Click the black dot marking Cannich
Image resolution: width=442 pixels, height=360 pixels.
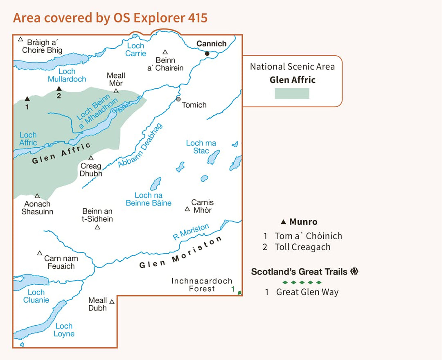(x=207, y=53)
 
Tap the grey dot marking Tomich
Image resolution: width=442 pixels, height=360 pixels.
(x=178, y=99)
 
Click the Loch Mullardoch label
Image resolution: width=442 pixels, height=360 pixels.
(x=67, y=75)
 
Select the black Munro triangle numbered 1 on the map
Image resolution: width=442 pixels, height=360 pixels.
(x=27, y=99)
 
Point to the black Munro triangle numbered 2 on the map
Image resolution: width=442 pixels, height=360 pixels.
(x=59, y=88)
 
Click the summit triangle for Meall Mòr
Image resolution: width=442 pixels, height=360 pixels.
(x=116, y=91)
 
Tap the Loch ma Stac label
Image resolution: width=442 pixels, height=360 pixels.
(x=201, y=147)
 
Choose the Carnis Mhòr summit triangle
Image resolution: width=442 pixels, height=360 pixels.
(x=187, y=209)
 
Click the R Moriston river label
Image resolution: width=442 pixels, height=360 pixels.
(x=191, y=232)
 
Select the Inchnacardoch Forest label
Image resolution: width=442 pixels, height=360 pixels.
(x=202, y=285)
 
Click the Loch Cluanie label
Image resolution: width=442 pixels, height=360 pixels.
(x=36, y=296)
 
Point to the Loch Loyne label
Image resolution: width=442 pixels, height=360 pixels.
(x=64, y=330)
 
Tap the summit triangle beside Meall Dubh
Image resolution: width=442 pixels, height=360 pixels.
(x=112, y=301)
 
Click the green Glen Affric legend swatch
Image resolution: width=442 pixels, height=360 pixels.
(x=292, y=93)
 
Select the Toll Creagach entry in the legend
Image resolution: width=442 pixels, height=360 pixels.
(x=302, y=247)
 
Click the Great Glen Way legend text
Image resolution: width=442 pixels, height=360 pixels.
(x=307, y=292)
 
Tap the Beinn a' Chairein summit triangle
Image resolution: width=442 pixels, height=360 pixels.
(x=165, y=52)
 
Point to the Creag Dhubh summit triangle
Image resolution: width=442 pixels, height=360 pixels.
(x=91, y=158)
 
